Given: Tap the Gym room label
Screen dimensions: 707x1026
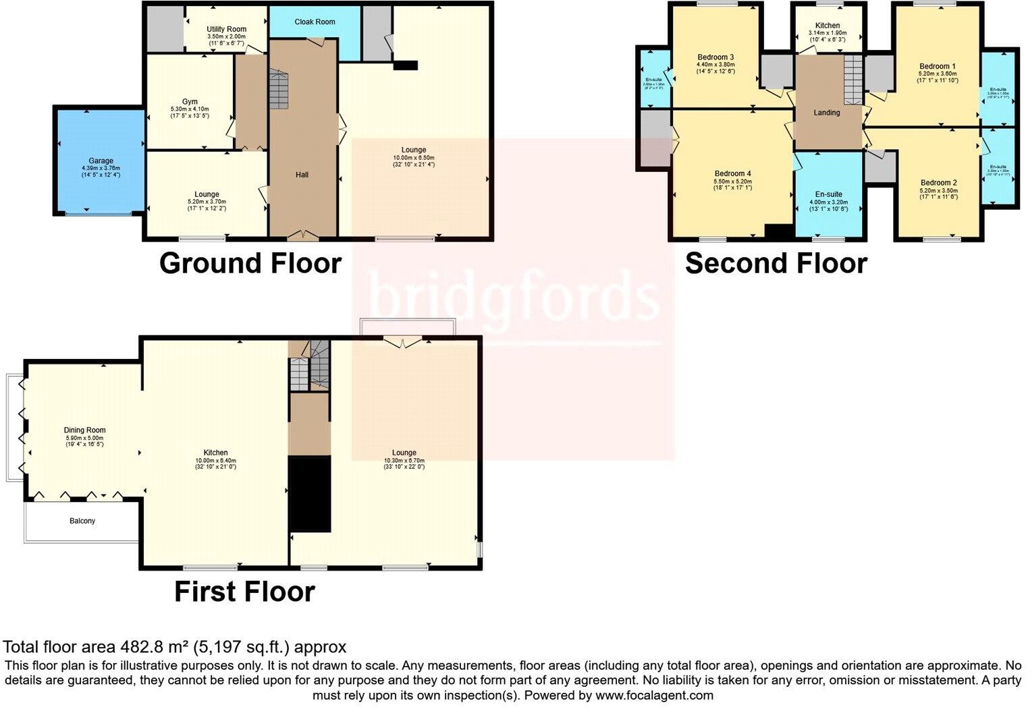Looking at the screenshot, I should coord(190,102).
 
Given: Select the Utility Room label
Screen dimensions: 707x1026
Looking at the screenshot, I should coord(226,29).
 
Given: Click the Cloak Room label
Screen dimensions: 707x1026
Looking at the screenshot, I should coord(315,22).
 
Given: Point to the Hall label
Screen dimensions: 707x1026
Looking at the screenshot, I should coord(302,175).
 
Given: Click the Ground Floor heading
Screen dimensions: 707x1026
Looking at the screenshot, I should coord(250,263).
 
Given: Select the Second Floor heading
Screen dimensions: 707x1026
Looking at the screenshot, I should coord(776,263).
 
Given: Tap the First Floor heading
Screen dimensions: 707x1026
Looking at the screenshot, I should coord(244,592).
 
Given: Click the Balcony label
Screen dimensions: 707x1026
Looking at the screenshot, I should coord(82,521).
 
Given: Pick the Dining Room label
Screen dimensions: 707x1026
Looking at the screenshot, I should coord(84,430).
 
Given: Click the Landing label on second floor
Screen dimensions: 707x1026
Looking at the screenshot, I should coord(826,113).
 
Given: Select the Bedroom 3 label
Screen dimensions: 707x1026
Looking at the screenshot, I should coord(715,57).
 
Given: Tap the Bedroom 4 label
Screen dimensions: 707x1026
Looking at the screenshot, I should coord(733,174).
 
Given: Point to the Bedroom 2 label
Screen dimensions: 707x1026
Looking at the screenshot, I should coord(938,183).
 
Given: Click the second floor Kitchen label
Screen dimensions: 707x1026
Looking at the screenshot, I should coord(828,26).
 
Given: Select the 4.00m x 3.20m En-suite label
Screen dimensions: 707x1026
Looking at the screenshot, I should coord(828,194).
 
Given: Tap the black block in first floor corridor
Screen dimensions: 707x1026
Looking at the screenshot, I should coord(310,494).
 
